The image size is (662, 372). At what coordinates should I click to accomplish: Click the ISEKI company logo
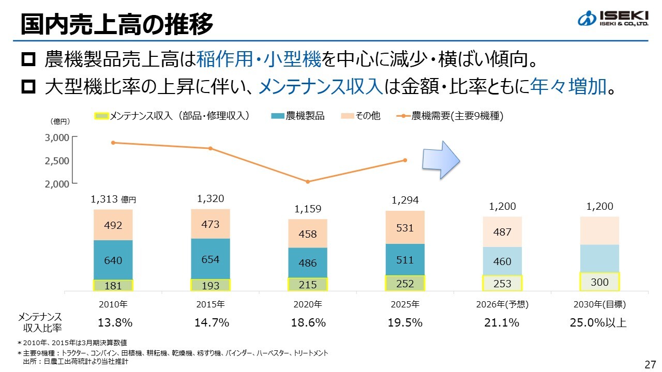pos(612,19)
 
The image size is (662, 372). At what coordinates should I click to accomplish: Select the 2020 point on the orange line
pos(308,182)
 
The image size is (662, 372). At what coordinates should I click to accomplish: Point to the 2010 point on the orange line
pos(113,143)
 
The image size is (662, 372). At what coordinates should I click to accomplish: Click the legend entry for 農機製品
pos(298,116)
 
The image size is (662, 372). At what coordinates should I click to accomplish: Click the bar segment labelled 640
pos(113,260)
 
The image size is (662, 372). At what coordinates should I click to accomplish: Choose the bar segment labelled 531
pos(405,227)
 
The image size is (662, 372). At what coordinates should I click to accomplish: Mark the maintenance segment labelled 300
pos(600,282)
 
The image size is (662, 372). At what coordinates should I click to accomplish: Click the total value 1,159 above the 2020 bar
pos(308,209)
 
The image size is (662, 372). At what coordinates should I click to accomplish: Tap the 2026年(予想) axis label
pos(502,304)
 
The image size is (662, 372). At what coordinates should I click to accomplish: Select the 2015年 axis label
pos(210,304)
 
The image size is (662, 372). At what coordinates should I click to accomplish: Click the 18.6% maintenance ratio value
pos(308,323)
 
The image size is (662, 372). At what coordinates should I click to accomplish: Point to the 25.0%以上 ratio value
pos(598,323)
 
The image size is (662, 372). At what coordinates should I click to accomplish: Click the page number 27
pos(650,364)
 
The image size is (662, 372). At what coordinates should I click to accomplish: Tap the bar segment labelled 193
pos(210,285)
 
